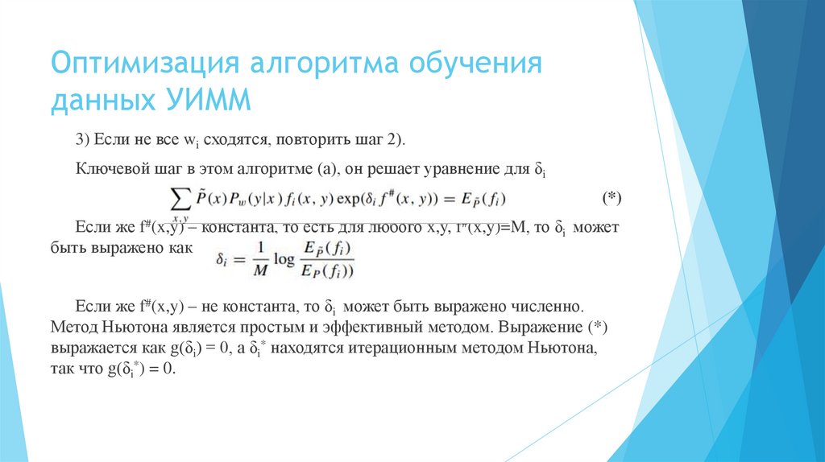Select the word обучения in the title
point(478,64)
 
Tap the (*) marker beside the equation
point(613,197)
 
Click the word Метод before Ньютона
point(73,328)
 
